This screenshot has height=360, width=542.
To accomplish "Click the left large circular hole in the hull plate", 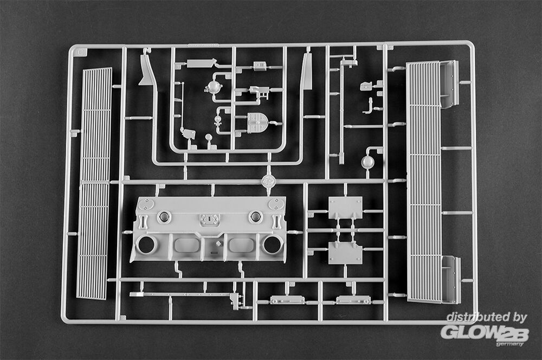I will [146, 245].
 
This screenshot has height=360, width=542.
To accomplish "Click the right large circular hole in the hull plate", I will [272, 245].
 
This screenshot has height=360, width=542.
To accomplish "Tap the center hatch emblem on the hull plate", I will [209, 220].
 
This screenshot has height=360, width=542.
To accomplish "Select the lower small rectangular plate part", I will [345, 253].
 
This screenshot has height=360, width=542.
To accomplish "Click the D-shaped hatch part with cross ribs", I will [257, 123].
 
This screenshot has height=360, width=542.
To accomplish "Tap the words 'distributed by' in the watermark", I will [486, 317].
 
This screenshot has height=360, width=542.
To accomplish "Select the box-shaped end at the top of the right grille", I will [449, 84].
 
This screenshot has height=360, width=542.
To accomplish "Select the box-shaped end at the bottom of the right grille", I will [450, 279].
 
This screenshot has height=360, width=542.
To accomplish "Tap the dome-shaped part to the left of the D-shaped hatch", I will [214, 87].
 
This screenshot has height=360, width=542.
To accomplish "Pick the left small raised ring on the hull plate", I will [164, 217].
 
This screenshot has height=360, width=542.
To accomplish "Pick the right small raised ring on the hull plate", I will [255, 217].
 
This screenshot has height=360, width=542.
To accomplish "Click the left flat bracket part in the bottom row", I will [287, 299].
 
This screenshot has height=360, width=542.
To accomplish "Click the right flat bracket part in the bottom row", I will [353, 299].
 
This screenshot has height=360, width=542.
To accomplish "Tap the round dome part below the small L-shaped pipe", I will [368, 162].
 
